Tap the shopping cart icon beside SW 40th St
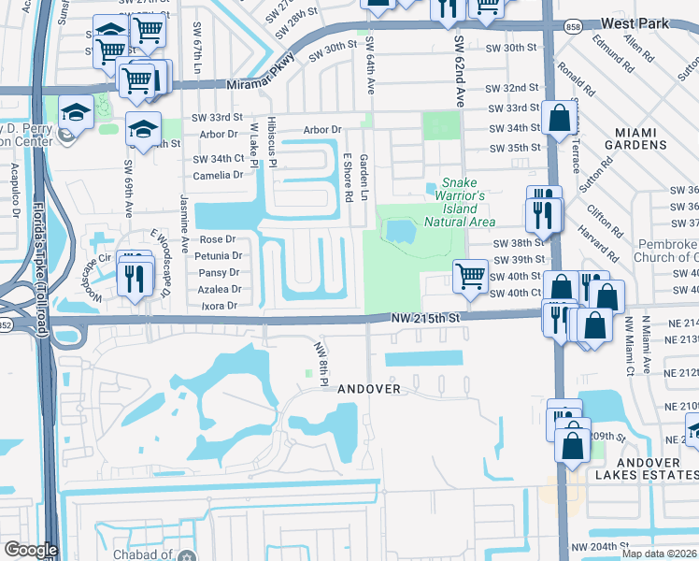coord(469,275)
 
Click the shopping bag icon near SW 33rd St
coord(559,119)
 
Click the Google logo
coord(31,550)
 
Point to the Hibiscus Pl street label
coord(272,142)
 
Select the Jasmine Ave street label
coord(184,223)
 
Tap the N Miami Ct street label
coord(644,346)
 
